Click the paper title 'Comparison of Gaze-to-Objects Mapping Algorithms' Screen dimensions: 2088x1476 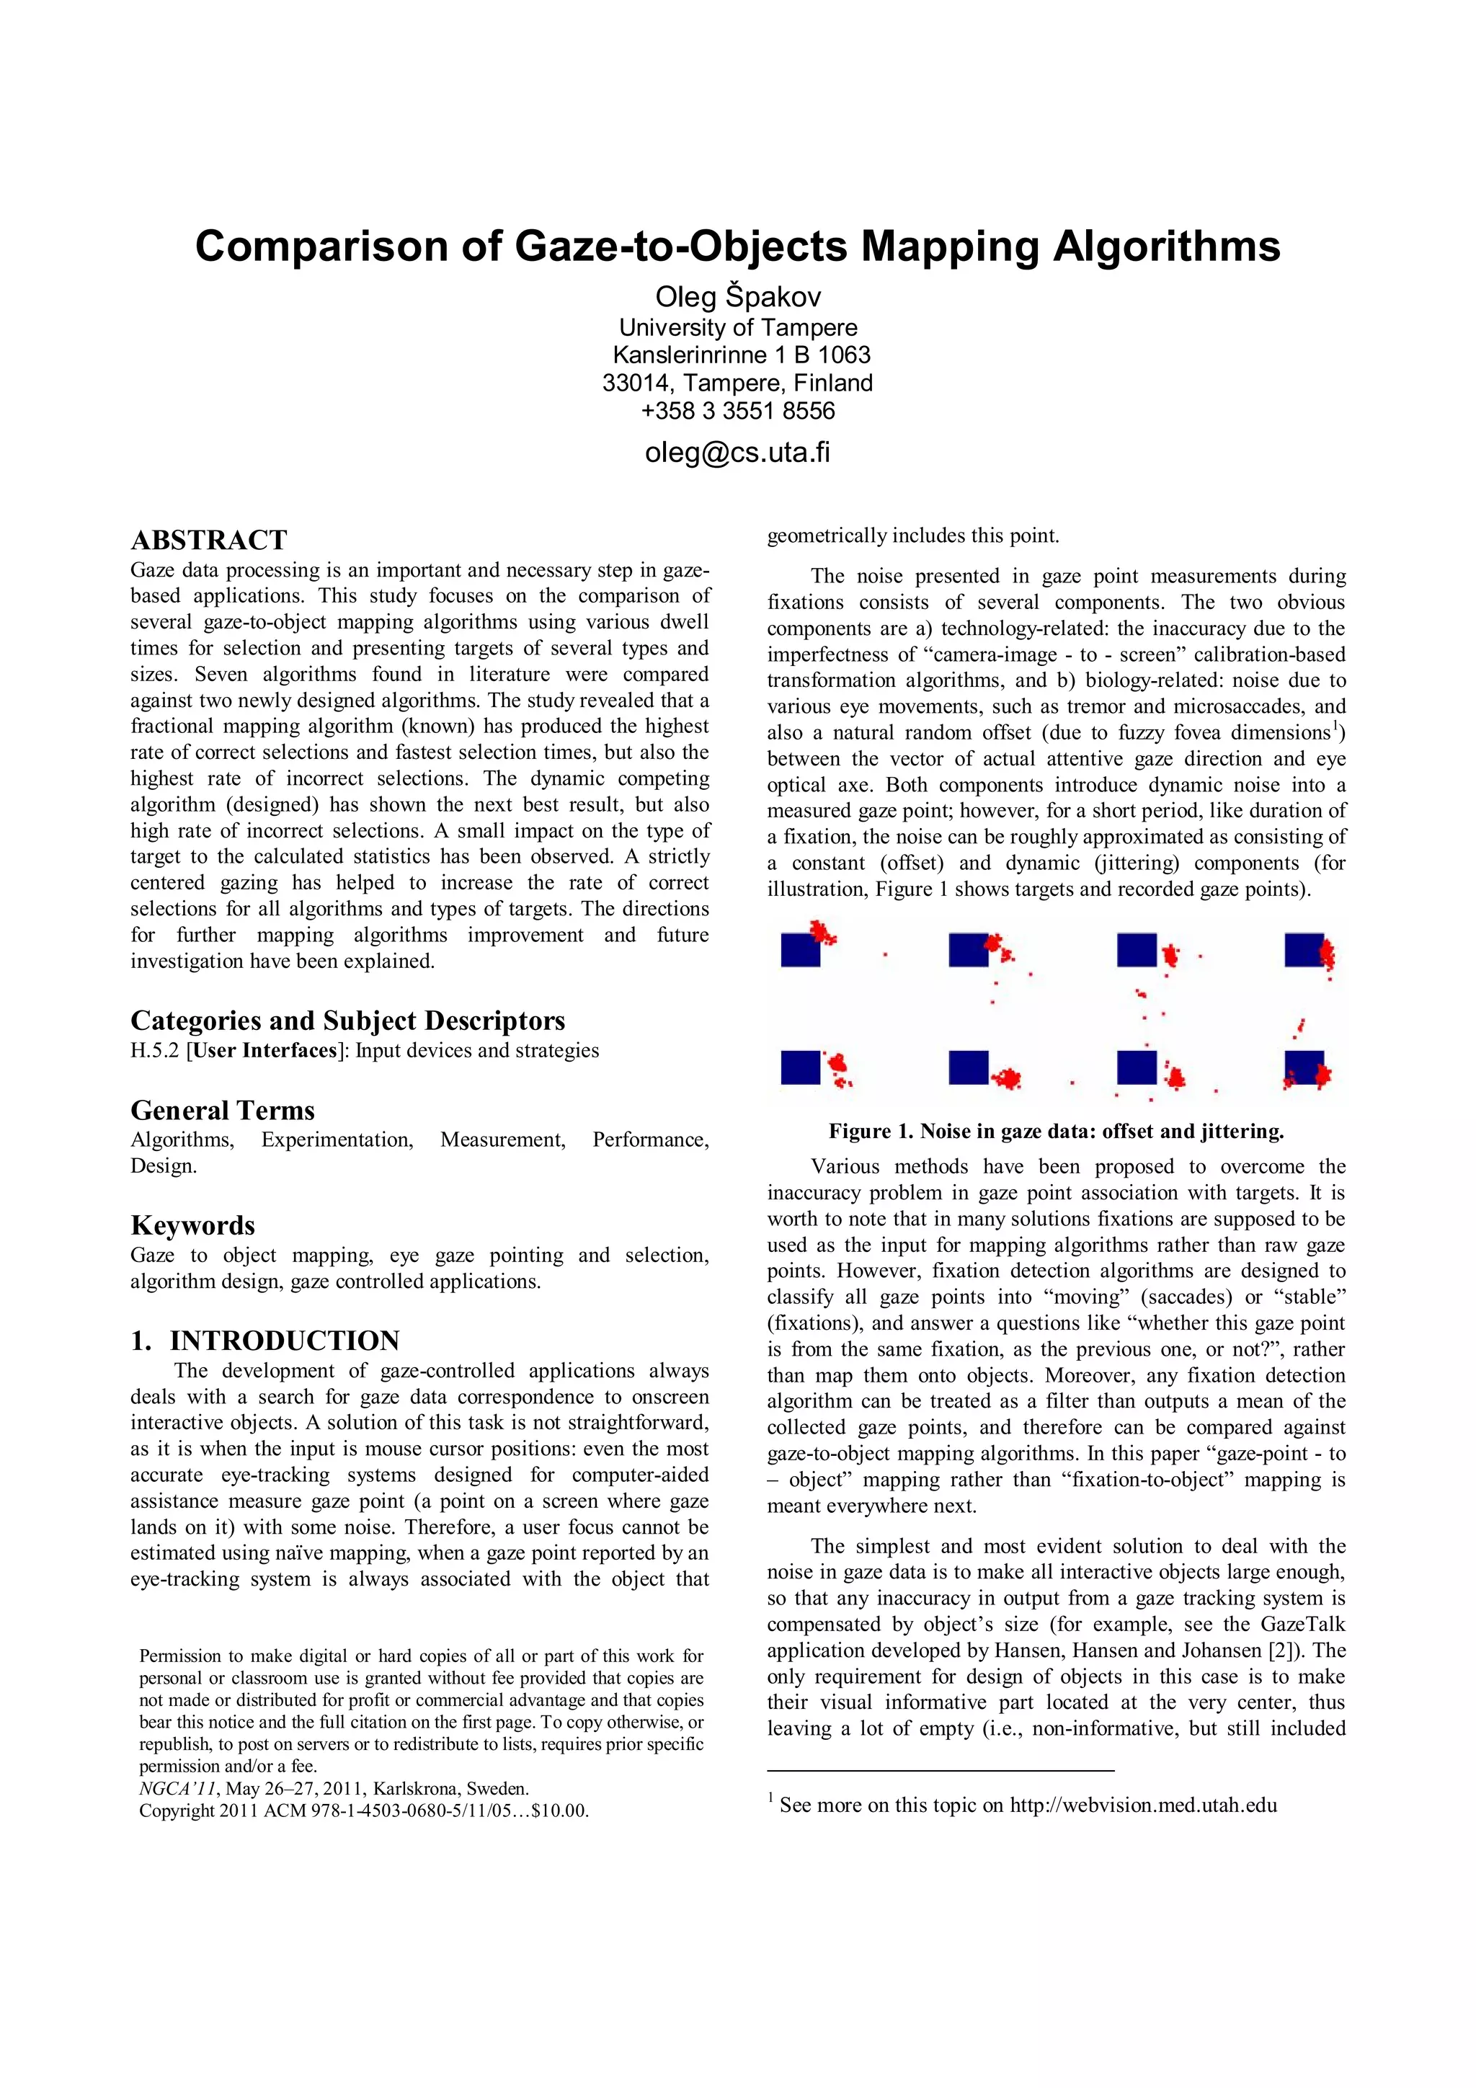coord(737,246)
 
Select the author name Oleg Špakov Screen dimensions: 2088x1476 coord(737,296)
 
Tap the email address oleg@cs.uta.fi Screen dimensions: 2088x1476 coord(737,452)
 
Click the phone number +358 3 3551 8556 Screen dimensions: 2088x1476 coord(737,411)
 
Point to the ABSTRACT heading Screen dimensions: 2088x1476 coord(208,540)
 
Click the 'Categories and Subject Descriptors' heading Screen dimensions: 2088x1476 coord(347,1021)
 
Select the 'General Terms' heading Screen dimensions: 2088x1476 coord(222,1111)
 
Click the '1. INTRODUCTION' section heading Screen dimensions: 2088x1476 coord(264,1341)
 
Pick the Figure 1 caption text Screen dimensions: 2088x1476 coord(1056,1132)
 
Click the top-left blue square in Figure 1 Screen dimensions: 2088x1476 coord(800,951)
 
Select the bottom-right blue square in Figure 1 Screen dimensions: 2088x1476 coord(1303,1067)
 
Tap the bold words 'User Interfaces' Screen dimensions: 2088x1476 coord(264,1050)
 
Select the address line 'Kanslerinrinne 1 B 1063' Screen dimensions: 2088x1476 coord(741,355)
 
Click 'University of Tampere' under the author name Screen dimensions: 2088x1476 coord(737,327)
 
